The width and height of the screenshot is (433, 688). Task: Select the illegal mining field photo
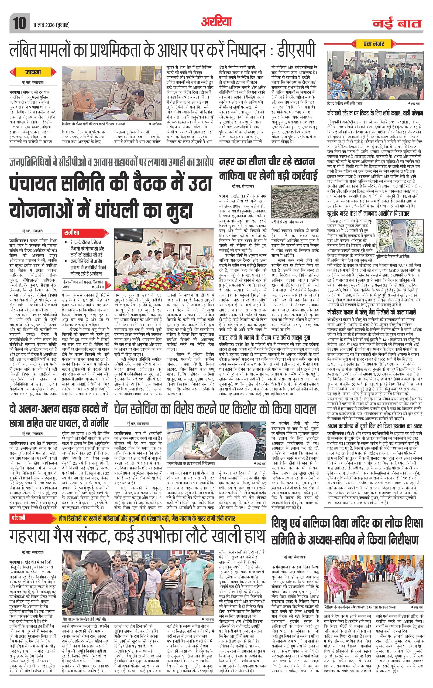pos(291,202)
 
